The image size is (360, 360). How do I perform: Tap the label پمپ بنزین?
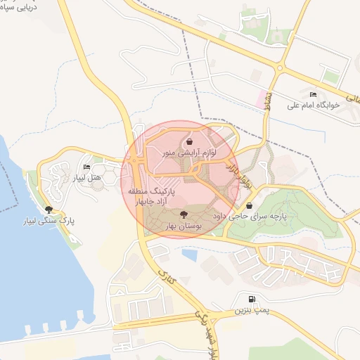(x=252, y=309)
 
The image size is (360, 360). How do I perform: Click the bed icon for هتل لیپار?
(x=86, y=167)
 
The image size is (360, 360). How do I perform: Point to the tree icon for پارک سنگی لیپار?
(x=49, y=209)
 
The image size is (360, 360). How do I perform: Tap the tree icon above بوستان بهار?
(x=184, y=214)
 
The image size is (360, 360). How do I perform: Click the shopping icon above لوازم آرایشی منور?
(x=190, y=141)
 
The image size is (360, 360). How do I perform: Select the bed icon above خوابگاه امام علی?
(x=313, y=95)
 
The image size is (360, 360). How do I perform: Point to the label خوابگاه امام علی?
(x=314, y=105)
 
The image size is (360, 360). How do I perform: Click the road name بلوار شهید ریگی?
(x=210, y=334)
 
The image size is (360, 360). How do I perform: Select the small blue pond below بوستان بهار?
(x=188, y=254)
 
